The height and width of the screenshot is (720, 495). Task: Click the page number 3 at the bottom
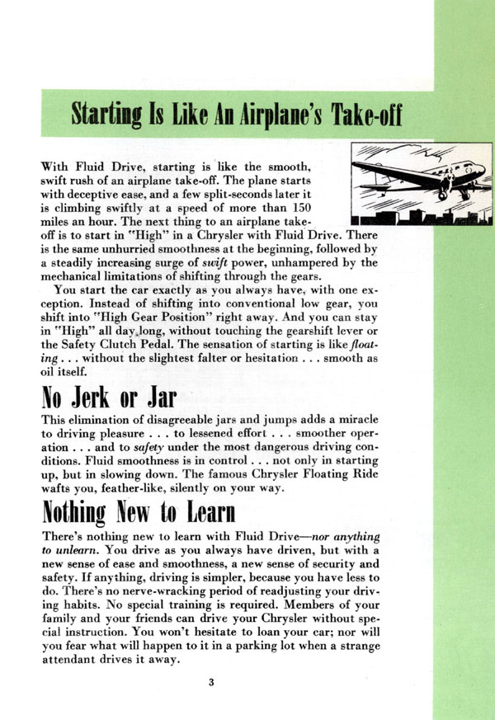click(212, 680)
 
